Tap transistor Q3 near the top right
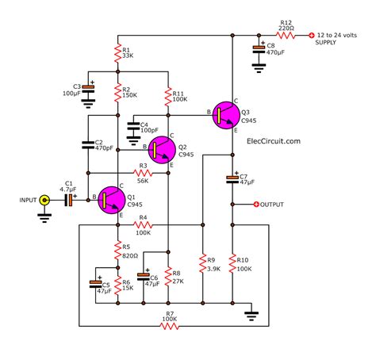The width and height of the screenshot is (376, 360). pyautogui.click(x=225, y=115)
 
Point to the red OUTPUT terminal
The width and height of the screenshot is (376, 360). pyautogui.click(x=255, y=205)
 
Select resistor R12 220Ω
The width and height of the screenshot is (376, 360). pyautogui.click(x=284, y=35)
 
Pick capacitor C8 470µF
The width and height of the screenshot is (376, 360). pyautogui.click(x=259, y=51)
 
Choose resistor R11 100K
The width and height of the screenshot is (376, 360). pyautogui.click(x=168, y=96)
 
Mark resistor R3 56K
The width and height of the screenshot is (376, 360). pyautogui.click(x=141, y=173)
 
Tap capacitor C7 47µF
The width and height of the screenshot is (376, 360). pyautogui.click(x=232, y=178)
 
